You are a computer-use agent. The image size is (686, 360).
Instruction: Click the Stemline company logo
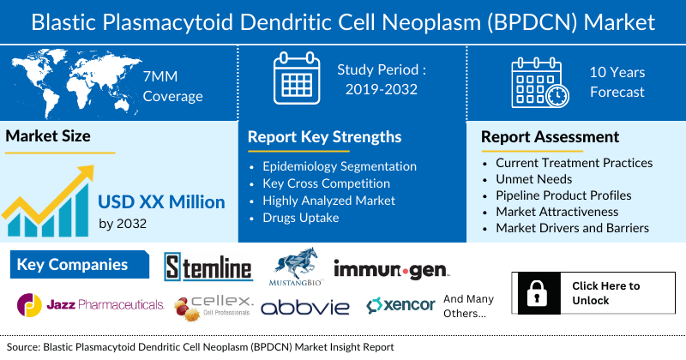pyautogui.click(x=208, y=267)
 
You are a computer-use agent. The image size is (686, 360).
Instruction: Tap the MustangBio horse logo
pyautogui.click(x=293, y=267)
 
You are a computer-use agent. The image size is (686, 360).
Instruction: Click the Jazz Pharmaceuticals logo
pyautogui.click(x=91, y=304)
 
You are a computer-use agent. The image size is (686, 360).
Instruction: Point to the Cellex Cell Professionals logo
pyautogui.click(x=214, y=306)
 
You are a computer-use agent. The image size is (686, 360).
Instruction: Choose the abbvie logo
pyautogui.click(x=305, y=307)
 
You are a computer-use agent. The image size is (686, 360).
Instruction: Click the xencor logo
pyautogui.click(x=400, y=305)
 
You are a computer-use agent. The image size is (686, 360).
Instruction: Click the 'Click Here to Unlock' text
pyautogui.click(x=605, y=293)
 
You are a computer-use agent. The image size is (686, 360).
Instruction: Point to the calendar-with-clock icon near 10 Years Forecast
pyautogui.click(x=539, y=81)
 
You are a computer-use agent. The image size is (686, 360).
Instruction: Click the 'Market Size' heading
pyautogui.click(x=48, y=136)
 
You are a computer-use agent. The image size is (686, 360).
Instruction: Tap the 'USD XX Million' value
pyautogui.click(x=161, y=202)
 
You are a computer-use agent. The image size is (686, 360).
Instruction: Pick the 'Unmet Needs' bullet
pyautogui.click(x=534, y=179)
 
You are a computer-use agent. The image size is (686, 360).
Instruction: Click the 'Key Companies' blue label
pyautogui.click(x=72, y=265)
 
